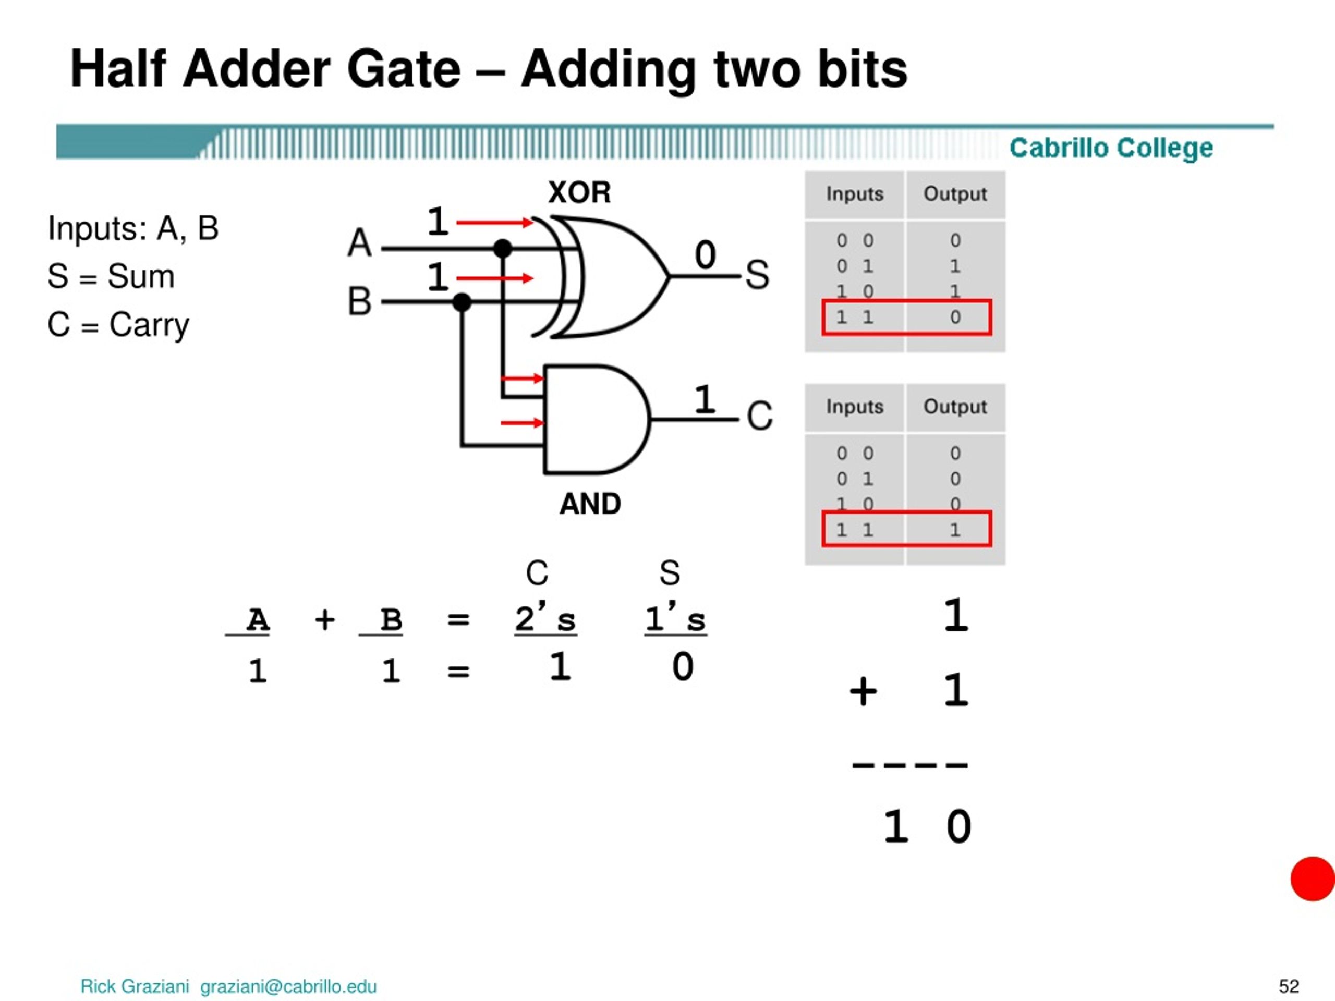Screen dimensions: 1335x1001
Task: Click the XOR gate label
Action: [x=579, y=192]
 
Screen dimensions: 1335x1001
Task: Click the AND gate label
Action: [x=590, y=504]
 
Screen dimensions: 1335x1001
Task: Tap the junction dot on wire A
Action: [x=503, y=248]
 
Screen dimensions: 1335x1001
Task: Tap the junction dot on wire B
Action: [x=462, y=302]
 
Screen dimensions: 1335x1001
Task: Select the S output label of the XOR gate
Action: [x=757, y=275]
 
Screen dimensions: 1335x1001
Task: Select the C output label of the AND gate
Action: [x=760, y=416]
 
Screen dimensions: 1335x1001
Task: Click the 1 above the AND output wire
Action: [x=705, y=399]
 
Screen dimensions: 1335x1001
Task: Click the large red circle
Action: [x=1313, y=878]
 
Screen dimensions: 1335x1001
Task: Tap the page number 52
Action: [x=1289, y=986]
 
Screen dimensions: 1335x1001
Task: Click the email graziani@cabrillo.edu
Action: [x=288, y=986]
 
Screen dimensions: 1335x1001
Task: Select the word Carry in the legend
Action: [x=149, y=326]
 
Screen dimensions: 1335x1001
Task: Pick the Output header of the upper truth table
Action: [x=955, y=194]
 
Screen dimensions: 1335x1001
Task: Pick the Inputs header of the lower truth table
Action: [x=855, y=407]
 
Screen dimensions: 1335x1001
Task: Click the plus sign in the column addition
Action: [x=863, y=691]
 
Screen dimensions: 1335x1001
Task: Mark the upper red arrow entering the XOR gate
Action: [x=495, y=223]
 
